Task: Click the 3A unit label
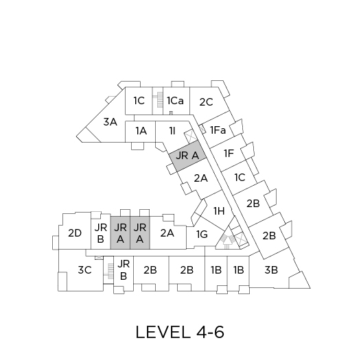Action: click(x=110, y=122)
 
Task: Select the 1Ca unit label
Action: click(x=175, y=101)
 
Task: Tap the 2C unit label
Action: click(x=206, y=102)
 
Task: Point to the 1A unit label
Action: click(x=141, y=131)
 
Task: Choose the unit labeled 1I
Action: click(x=172, y=131)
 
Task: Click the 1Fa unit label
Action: click(x=218, y=130)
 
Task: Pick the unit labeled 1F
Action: click(x=229, y=154)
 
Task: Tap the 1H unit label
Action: click(x=219, y=211)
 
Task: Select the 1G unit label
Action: click(x=202, y=235)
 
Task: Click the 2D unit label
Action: click(x=75, y=233)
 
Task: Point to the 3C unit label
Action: click(x=84, y=270)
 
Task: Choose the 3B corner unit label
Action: click(x=271, y=270)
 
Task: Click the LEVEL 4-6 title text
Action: click(x=180, y=332)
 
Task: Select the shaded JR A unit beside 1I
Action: click(x=187, y=156)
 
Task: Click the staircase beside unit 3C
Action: click(x=110, y=272)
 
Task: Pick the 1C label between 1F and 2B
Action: click(x=240, y=178)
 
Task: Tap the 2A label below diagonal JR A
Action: click(x=200, y=178)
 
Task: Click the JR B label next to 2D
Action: click(x=101, y=233)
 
